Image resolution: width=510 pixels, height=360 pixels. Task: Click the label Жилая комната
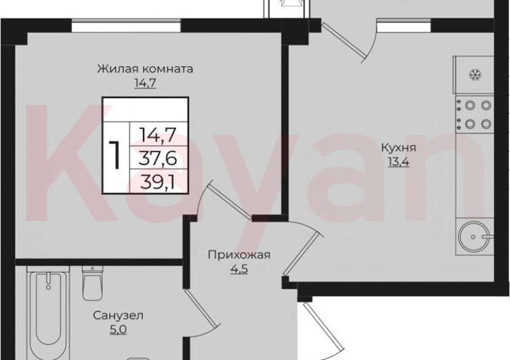click(145, 69)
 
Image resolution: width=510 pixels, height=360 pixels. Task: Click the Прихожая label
click(238, 255)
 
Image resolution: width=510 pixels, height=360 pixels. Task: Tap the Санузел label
click(119, 316)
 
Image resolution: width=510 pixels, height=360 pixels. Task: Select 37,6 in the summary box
click(158, 158)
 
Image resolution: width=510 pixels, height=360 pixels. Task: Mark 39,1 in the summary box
click(158, 181)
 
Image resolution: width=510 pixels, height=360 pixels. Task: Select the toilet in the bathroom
click(92, 284)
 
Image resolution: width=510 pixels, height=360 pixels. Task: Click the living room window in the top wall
click(126, 26)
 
